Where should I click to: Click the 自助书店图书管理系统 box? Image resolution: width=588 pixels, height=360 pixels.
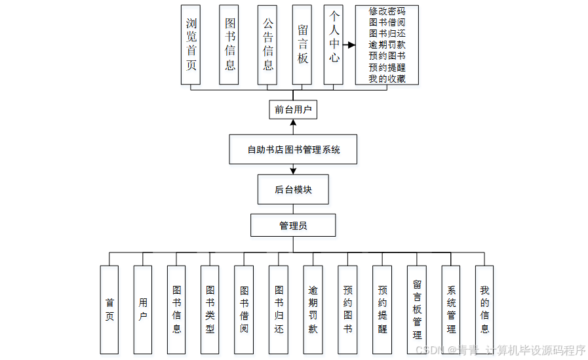(x=293, y=150)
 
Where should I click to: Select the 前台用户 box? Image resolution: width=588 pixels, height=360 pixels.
(x=293, y=110)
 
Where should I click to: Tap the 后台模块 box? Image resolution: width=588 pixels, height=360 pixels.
(x=293, y=190)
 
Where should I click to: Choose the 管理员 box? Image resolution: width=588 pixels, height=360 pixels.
(x=293, y=226)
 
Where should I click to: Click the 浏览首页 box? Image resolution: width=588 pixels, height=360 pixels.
(x=191, y=45)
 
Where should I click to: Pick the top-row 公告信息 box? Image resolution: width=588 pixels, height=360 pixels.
(x=267, y=45)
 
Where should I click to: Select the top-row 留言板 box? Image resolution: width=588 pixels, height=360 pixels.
(x=302, y=45)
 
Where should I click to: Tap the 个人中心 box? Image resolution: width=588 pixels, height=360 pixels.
(x=334, y=45)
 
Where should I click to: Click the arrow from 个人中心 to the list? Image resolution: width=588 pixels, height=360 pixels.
(x=349, y=45)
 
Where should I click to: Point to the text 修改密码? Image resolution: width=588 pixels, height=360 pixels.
(x=387, y=11)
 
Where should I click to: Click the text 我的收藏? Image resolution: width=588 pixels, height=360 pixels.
(x=387, y=79)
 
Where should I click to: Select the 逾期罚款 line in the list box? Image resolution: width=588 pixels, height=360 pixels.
(x=387, y=45)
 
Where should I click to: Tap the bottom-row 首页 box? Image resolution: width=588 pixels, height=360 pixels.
(x=109, y=310)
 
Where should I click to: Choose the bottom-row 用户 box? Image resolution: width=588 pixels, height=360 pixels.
(x=143, y=310)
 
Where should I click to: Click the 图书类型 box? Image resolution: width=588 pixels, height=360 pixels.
(x=210, y=310)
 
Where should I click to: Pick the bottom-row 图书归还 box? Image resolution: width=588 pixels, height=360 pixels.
(x=279, y=310)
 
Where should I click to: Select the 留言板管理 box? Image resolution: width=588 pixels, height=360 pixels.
(x=417, y=310)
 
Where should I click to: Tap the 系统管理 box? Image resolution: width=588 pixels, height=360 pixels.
(x=451, y=310)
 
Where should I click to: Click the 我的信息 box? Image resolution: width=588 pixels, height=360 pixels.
(x=484, y=310)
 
